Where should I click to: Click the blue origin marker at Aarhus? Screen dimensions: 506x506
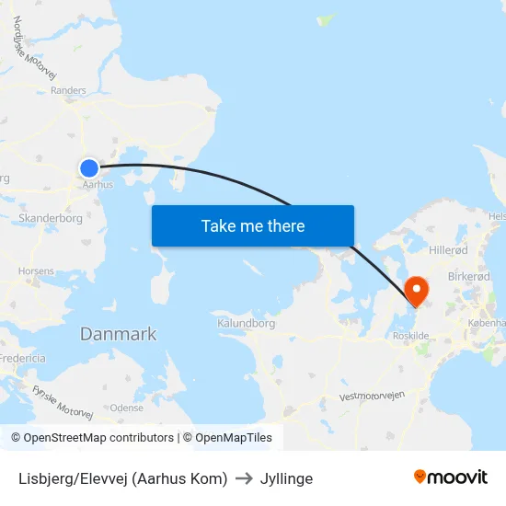89,167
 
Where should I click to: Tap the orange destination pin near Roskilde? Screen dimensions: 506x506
417,291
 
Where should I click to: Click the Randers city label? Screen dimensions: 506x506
69,90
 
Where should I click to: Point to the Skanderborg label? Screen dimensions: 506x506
51,219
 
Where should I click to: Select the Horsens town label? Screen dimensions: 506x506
36,271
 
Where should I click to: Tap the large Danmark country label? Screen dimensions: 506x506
118,334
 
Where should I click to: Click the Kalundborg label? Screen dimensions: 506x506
247,324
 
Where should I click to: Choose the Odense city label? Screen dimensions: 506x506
127,408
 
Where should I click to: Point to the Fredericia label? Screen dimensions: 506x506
22,358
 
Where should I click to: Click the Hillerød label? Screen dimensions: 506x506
448,250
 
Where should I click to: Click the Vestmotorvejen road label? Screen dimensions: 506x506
372,397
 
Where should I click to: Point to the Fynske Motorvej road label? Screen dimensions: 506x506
63,402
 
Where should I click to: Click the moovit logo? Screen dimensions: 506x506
450,477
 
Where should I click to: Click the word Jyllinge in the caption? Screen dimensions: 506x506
286,478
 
